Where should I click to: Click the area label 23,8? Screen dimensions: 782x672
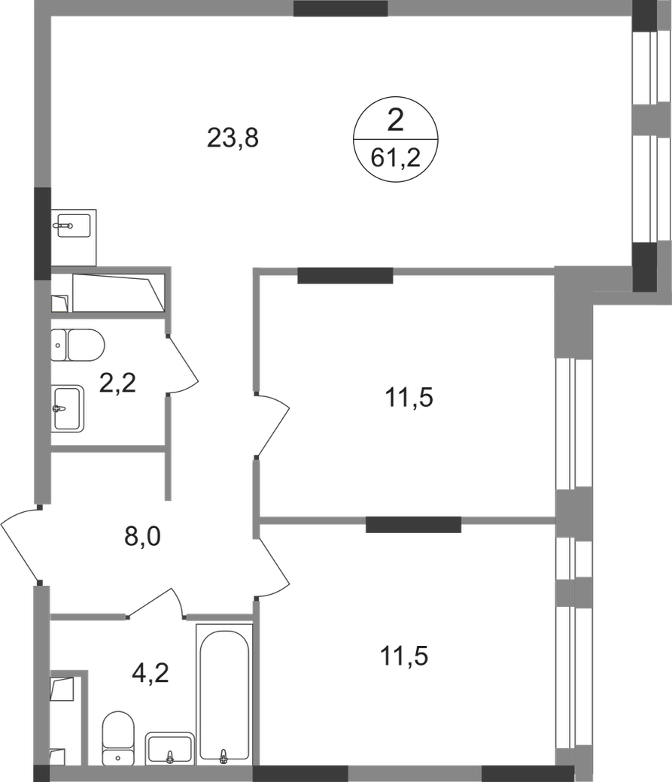(233, 138)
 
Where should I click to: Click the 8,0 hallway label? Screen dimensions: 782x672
(141, 537)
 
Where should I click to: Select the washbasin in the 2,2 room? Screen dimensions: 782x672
(69, 408)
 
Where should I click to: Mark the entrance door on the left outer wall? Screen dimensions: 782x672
(21, 543)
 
